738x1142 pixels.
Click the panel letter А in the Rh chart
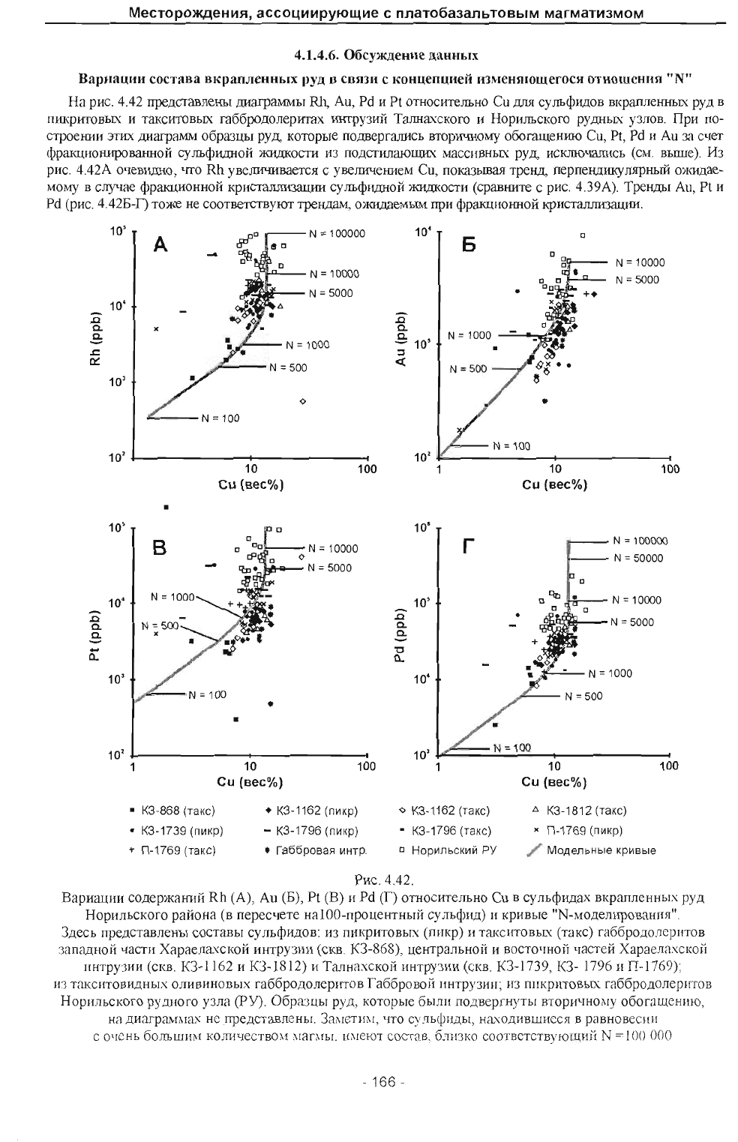point(160,244)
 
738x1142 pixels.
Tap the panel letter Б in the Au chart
point(469,245)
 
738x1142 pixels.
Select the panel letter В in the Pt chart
point(160,549)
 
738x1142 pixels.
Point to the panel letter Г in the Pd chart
point(468,548)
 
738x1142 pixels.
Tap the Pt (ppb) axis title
point(94,643)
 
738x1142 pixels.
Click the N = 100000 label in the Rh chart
point(337,233)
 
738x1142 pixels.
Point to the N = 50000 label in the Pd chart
point(638,558)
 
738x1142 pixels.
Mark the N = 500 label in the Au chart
point(468,369)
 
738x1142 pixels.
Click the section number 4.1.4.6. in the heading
point(319,55)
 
